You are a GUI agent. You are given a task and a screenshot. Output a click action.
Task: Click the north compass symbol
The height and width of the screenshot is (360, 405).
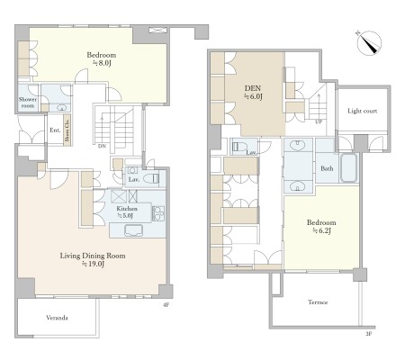pyautogui.click(x=369, y=42)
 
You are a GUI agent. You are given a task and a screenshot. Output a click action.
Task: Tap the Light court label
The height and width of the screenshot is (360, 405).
pyautogui.click(x=362, y=111)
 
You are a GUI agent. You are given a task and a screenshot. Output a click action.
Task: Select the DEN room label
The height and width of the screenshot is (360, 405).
pyautogui.click(x=253, y=88)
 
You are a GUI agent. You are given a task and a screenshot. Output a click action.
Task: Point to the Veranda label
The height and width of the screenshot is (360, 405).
pyautogui.click(x=57, y=318)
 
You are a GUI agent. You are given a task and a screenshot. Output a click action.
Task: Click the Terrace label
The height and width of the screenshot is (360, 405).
pyautogui.click(x=318, y=302)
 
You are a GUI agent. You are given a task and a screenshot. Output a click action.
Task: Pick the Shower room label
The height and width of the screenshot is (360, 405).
pyautogui.click(x=28, y=103)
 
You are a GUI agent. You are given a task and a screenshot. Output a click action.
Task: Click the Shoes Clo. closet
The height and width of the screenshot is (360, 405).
pyautogui.click(x=67, y=130)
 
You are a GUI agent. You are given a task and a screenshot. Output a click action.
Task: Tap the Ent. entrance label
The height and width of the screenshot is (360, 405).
pyautogui.click(x=55, y=130)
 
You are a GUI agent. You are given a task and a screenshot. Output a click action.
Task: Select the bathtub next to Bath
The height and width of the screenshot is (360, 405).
pyautogui.click(x=349, y=168)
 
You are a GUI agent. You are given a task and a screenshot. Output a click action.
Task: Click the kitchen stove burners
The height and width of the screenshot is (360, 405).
pyautogui.click(x=158, y=214)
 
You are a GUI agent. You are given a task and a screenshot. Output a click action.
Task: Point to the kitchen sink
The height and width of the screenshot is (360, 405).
pyautogui.click(x=133, y=230)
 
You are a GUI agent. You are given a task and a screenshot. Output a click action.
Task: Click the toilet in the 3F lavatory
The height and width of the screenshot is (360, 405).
pyautogui.click(x=239, y=147)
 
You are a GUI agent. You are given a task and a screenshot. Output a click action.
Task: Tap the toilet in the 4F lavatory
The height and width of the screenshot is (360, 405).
pyautogui.click(x=151, y=179)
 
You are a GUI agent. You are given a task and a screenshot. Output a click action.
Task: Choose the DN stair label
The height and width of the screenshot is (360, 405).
pyautogui.click(x=102, y=146)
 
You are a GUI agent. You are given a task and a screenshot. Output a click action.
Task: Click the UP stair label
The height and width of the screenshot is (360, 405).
pyautogui.click(x=319, y=122)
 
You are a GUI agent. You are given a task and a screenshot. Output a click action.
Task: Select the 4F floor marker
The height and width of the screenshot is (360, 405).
pyautogui.click(x=166, y=305)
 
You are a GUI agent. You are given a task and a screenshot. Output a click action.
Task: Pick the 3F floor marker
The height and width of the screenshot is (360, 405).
pyautogui.click(x=369, y=334)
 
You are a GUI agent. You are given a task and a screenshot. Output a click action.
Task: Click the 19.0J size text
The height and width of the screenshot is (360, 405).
pyautogui.click(x=93, y=264)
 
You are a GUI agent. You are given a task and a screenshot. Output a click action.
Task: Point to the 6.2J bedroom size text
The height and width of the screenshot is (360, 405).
pyautogui.click(x=321, y=230)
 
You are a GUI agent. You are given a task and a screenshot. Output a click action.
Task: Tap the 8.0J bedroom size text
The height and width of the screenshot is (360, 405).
pyautogui.click(x=102, y=63)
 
